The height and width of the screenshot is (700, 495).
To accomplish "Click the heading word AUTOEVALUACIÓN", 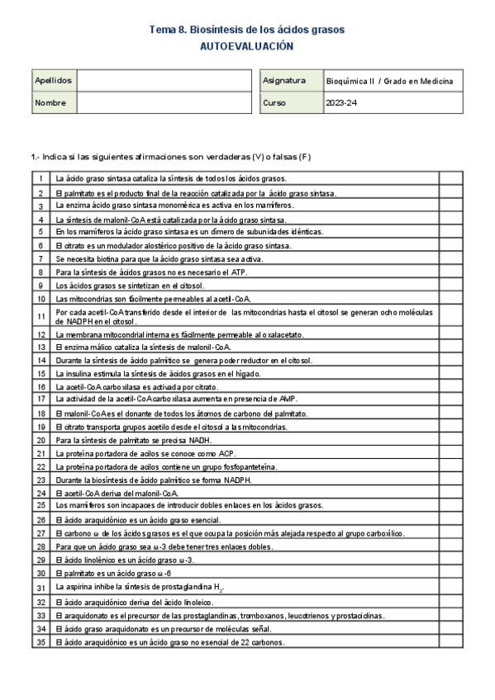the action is [x=247, y=47].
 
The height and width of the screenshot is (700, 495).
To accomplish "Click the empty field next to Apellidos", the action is [x=163, y=81].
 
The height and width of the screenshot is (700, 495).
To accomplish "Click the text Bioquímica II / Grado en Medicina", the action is [x=390, y=81].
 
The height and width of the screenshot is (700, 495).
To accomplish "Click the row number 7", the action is [x=40, y=258].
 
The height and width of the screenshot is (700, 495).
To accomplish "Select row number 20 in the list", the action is [x=40, y=441].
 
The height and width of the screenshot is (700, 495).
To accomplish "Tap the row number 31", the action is [x=40, y=587].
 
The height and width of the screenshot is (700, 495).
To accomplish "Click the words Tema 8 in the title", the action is [x=167, y=30].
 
